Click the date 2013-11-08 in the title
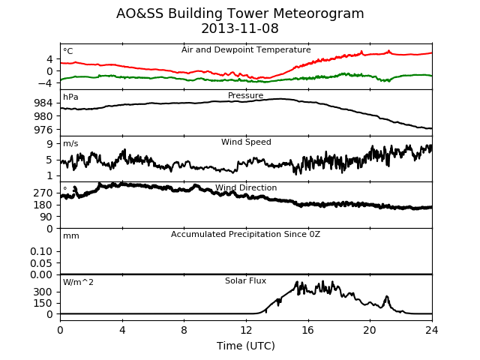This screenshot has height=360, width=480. tap(240, 28)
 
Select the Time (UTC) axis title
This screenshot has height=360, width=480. tap(246, 346)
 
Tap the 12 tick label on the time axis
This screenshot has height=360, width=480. tap(246, 330)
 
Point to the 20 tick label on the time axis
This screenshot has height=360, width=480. tap(370, 330)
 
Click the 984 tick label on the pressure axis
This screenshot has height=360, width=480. tap(43, 103)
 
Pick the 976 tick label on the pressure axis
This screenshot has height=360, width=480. tap(43, 130)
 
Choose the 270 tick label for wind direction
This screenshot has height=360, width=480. tap(43, 193)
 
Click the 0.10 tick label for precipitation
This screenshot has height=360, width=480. tap(41, 251)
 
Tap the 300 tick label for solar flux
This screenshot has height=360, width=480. tap(43, 292)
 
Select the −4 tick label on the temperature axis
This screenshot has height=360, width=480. tap(45, 83)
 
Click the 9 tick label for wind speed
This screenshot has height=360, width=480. tap(49, 143)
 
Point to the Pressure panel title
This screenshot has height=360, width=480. tap(245, 95)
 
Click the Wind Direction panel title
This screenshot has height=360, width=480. tap(246, 187)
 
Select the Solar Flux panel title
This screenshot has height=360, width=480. tap(245, 280)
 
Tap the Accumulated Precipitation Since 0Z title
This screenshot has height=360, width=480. tap(245, 234)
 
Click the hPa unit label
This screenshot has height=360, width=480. tap(70, 97)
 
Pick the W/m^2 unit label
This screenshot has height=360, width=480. tap(78, 282)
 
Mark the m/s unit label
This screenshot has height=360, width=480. tap(70, 143)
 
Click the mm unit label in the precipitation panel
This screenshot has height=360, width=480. tap(71, 236)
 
